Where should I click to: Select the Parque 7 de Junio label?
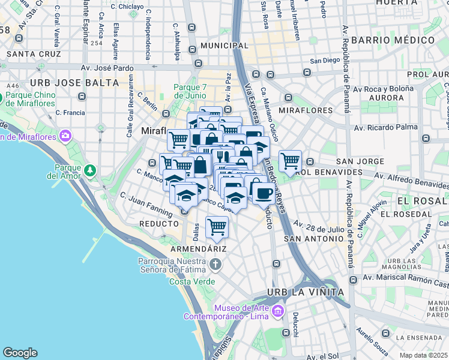click(190, 91)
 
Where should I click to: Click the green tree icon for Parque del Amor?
click(90, 170)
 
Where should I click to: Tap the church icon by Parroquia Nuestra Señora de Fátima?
click(215, 264)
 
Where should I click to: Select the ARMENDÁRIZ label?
click(197, 248)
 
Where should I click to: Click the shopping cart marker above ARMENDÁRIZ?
click(217, 227)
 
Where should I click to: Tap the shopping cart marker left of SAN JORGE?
click(290, 160)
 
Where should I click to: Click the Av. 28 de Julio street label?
click(319, 227)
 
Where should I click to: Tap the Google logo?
click(20, 352)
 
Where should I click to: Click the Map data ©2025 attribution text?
click(423, 355)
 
